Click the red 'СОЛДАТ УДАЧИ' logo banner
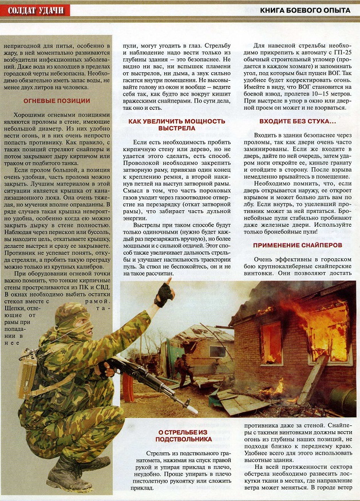coord(35,10)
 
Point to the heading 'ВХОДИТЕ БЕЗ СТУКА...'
coord(297,121)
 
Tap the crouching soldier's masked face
coord(78,324)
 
